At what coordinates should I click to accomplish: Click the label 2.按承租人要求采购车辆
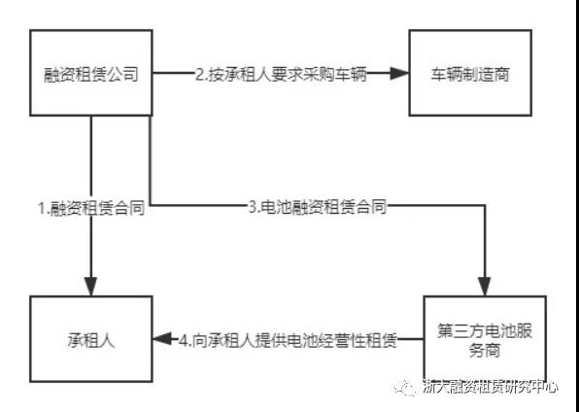click(x=282, y=74)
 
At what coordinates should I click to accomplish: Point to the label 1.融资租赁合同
click(x=91, y=208)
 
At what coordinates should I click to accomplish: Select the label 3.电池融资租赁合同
click(x=318, y=206)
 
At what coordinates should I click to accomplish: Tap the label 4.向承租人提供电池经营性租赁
click(x=288, y=340)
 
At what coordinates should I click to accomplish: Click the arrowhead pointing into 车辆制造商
click(x=399, y=73)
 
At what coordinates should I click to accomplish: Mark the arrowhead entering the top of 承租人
click(x=91, y=286)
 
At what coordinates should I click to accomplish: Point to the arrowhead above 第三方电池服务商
click(x=485, y=286)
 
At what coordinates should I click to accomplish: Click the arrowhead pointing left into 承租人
click(x=162, y=338)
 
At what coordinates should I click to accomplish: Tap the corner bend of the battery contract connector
click(x=485, y=205)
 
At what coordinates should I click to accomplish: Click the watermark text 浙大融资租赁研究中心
click(x=490, y=388)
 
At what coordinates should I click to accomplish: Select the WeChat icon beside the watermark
click(x=405, y=388)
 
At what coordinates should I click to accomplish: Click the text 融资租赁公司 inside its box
click(x=91, y=74)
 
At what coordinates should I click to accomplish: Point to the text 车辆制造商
click(x=470, y=74)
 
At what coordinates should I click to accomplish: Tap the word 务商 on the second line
click(x=485, y=349)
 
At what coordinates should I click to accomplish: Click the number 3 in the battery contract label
click(x=253, y=207)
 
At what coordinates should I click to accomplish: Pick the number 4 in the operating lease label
click(x=184, y=340)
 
